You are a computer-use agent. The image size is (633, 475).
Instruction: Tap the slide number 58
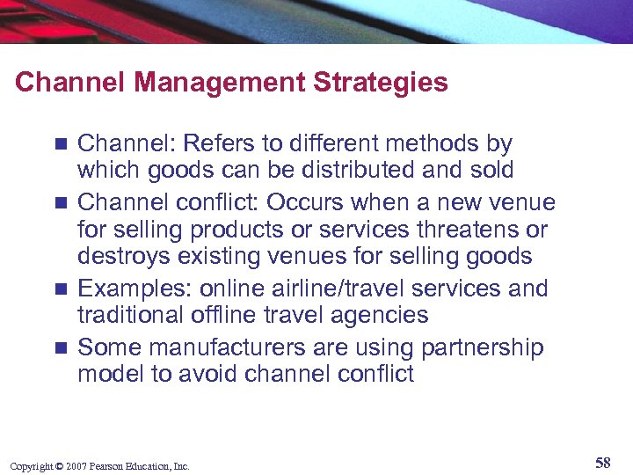[602, 464]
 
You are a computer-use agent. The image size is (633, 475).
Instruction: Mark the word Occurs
[304, 202]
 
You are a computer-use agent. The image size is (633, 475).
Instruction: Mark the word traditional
[129, 314]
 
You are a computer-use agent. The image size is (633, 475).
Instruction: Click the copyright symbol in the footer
[58, 465]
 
